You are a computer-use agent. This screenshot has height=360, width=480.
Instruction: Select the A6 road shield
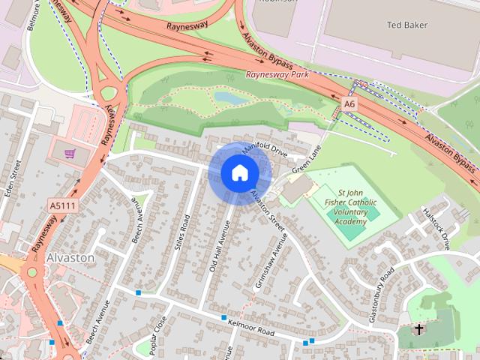click(x=349, y=102)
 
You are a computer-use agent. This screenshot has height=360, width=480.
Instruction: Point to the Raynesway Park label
click(x=277, y=75)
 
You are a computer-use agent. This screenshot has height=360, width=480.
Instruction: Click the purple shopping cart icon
click(x=70, y=154)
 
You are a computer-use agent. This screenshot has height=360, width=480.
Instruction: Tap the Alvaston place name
click(x=70, y=257)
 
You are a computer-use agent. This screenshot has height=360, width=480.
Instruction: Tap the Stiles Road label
click(x=183, y=232)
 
